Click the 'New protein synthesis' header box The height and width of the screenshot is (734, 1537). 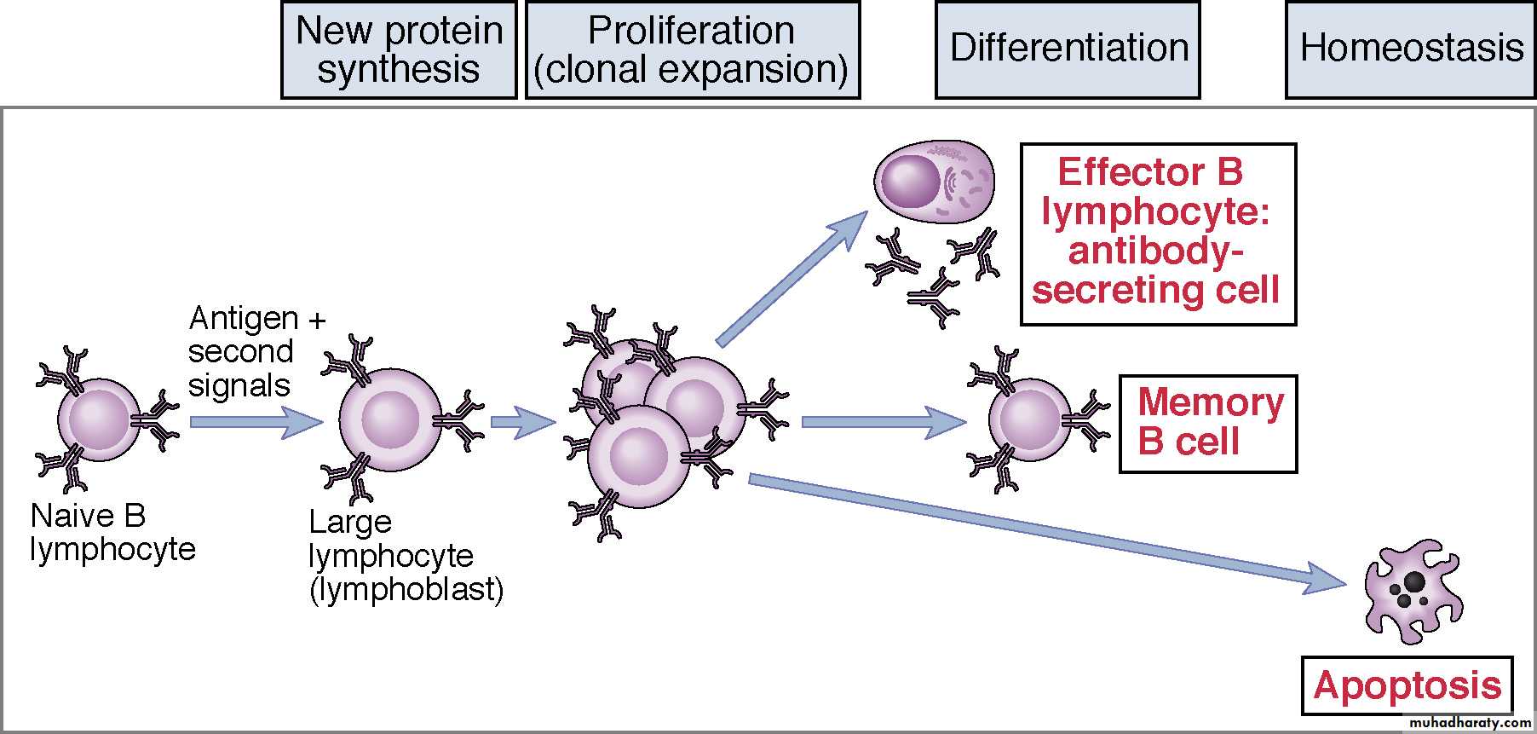coord(399,50)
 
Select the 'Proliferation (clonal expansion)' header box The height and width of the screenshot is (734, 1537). coord(692,50)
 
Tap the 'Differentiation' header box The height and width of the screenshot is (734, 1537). coord(1068,50)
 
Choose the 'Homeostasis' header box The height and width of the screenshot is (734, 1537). coord(1410,50)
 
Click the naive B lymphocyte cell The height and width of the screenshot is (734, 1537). coord(99,420)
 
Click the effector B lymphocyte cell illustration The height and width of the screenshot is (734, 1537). coord(934,182)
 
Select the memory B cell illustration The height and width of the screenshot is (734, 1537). coord(1029,420)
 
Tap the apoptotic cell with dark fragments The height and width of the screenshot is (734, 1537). coord(1412,590)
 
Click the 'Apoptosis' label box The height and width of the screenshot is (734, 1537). coord(1407,685)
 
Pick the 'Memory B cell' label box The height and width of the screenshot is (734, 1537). coord(1207,423)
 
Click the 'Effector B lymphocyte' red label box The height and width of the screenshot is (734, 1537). coord(1157,234)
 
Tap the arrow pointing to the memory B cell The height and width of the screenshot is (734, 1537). coord(883,421)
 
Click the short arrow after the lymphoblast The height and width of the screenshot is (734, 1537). coord(522,421)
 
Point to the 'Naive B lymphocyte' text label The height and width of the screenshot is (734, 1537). coord(112,533)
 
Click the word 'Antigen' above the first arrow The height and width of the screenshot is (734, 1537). coord(243,319)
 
